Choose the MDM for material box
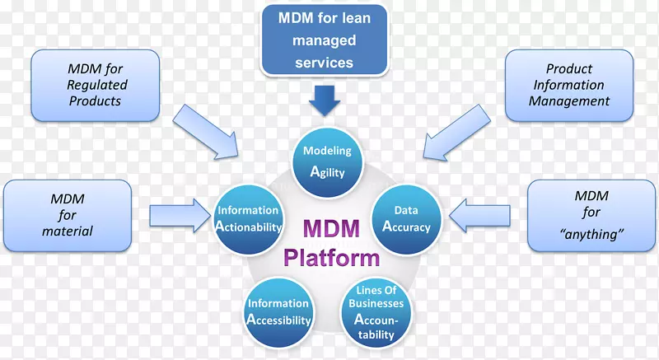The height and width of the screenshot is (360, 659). click(x=68, y=215)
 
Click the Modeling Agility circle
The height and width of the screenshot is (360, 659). click(x=327, y=161)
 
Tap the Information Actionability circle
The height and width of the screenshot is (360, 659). click(x=249, y=218)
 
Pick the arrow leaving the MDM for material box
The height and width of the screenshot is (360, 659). click(x=179, y=216)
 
